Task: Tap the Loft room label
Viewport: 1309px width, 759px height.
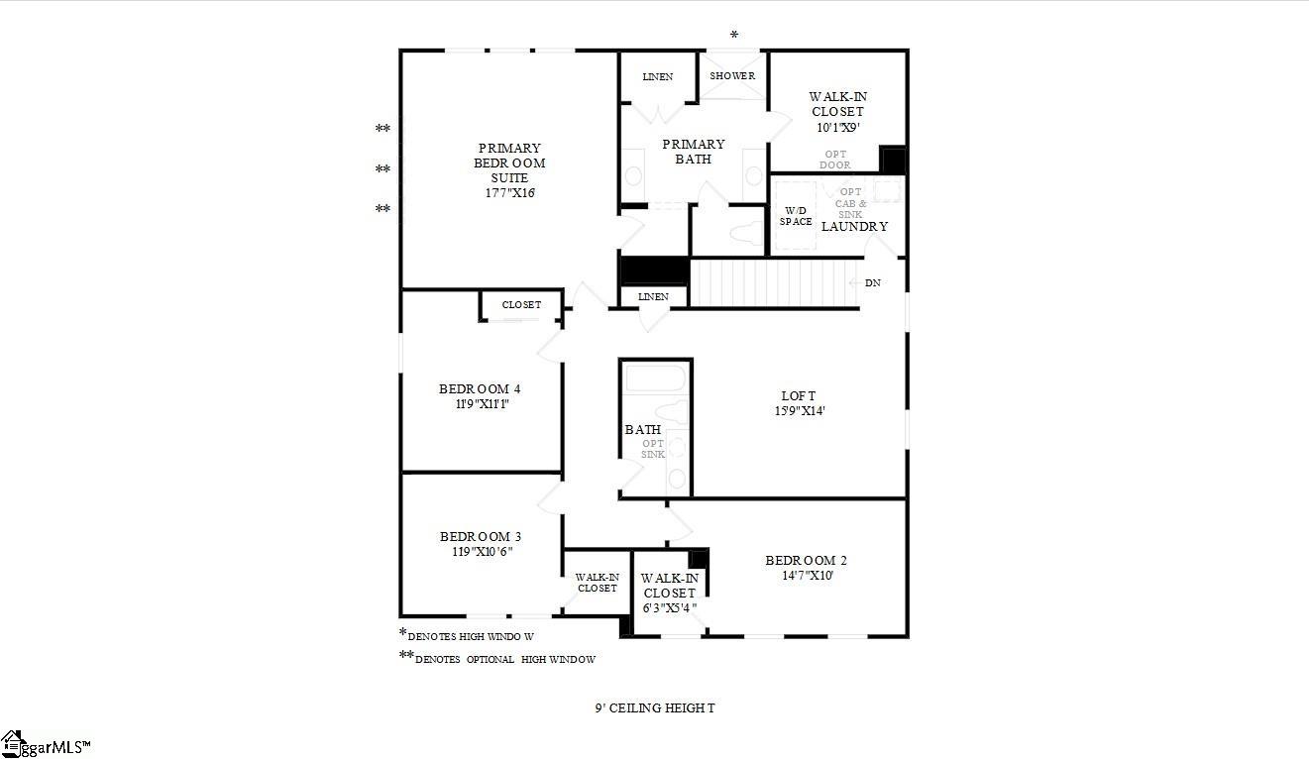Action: point(798,396)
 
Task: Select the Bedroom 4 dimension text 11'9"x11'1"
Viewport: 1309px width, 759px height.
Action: point(482,404)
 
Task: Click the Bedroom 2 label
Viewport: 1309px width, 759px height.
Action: point(806,561)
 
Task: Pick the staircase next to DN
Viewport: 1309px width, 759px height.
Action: point(773,283)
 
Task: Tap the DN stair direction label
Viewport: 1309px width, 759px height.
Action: point(872,283)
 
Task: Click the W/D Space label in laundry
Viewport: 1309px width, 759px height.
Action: point(795,216)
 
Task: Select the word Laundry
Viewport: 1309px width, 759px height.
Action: point(854,226)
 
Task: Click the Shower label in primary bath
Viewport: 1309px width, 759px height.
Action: point(732,76)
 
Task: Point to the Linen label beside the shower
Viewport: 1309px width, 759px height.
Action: point(657,77)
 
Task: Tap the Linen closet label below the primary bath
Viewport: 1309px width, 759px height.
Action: point(653,296)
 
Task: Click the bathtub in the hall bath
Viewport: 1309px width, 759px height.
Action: point(654,379)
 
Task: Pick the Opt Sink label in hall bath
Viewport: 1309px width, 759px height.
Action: point(653,449)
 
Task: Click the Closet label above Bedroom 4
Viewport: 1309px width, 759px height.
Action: point(521,305)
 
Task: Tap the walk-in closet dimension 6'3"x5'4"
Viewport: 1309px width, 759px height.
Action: point(669,608)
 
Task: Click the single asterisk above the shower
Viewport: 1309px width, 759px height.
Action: point(734,36)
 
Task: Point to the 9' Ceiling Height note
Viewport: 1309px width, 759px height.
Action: point(654,708)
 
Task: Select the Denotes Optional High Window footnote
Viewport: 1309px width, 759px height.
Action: point(504,659)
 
